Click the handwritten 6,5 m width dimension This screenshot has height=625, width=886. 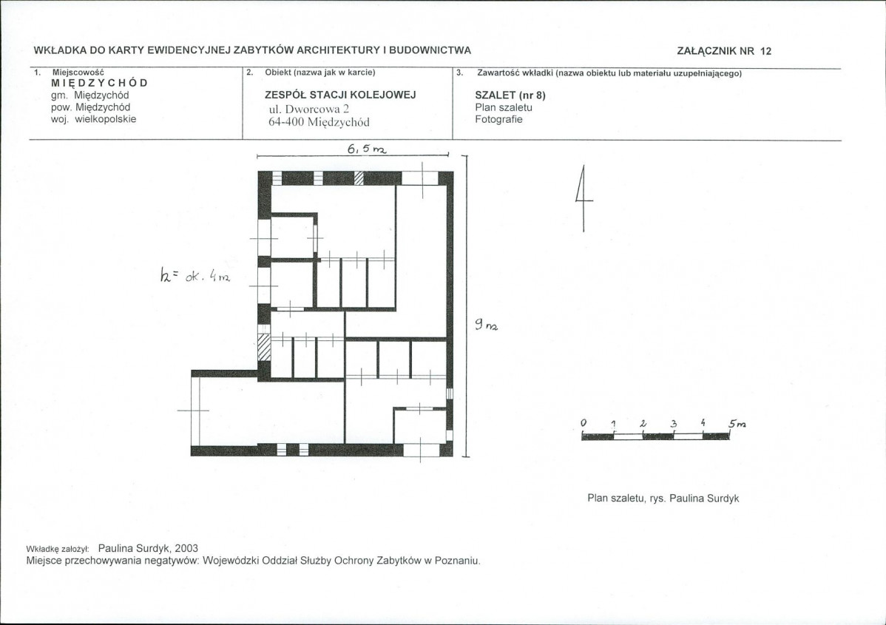(x=367, y=149)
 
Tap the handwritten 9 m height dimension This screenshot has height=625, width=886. (x=486, y=325)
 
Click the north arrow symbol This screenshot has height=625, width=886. (x=584, y=197)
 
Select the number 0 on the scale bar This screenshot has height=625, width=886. (x=584, y=423)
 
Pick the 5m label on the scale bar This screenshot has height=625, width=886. (x=737, y=423)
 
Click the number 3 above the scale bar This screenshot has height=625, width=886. (x=674, y=423)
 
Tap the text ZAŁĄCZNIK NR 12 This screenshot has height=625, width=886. (x=724, y=51)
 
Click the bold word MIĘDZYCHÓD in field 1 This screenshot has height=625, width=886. (x=99, y=83)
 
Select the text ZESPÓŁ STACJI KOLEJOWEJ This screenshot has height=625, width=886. (x=340, y=95)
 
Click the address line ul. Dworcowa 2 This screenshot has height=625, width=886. (x=309, y=109)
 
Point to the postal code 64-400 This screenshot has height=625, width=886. (x=286, y=122)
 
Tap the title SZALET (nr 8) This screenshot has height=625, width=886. (x=510, y=95)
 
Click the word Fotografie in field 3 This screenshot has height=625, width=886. (x=499, y=119)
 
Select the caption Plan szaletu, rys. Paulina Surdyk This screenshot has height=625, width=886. (x=663, y=499)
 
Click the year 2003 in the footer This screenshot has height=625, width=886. (x=186, y=548)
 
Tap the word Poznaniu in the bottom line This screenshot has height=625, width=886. (x=458, y=561)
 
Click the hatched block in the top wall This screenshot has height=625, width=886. (x=359, y=178)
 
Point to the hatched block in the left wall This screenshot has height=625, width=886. (x=264, y=347)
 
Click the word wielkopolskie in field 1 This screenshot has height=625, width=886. (x=106, y=119)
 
